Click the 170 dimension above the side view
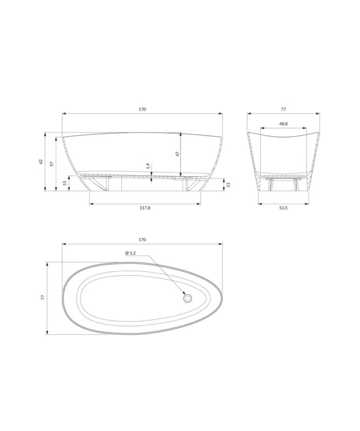coord(142,109)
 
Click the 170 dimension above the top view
coord(142,240)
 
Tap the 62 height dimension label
coord(41,161)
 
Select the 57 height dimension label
coord(51,164)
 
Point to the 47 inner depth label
coord(177,154)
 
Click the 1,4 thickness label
coord(148,166)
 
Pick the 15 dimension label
coord(65,183)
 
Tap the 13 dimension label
coord(228,185)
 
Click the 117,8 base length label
coord(145,208)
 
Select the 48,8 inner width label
coord(283,124)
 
